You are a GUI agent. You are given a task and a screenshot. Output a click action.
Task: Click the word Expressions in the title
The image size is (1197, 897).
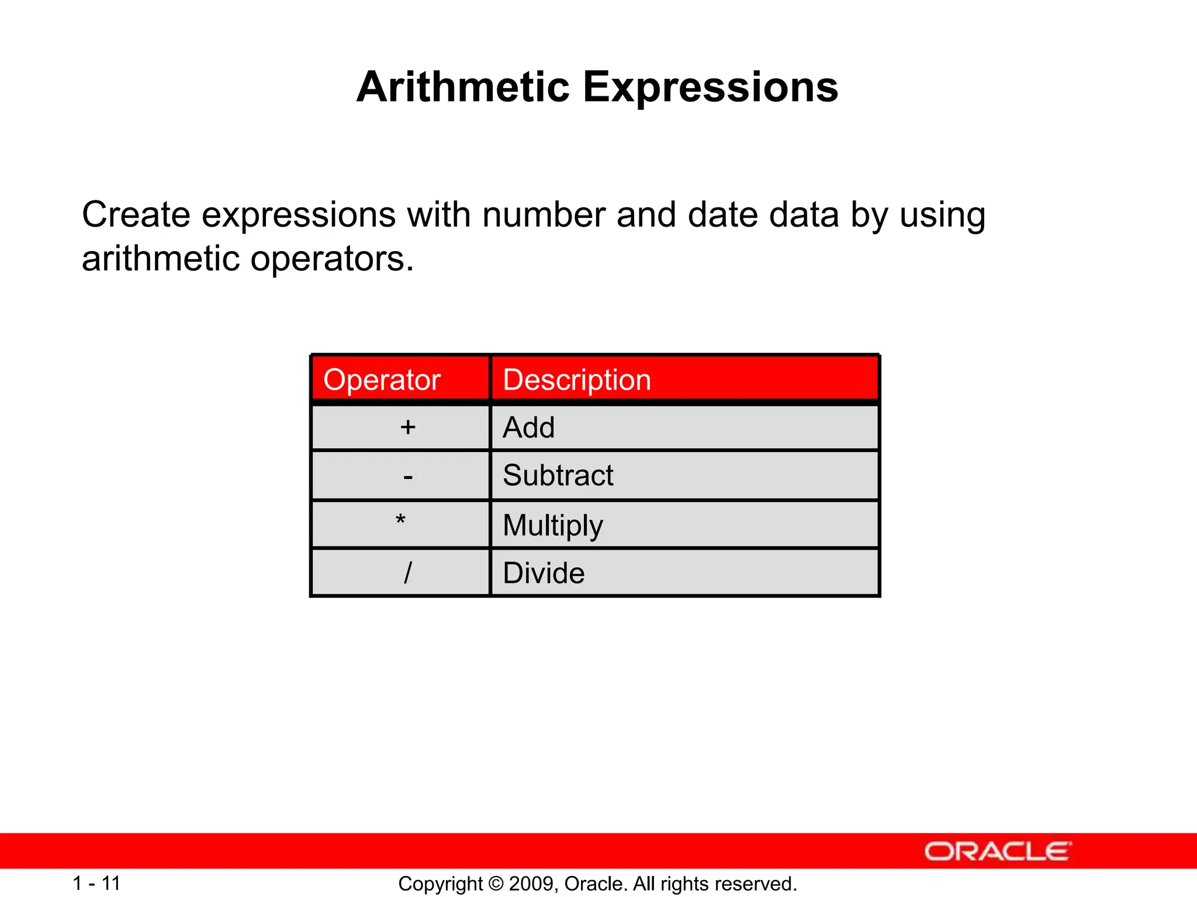pyautogui.click(x=710, y=88)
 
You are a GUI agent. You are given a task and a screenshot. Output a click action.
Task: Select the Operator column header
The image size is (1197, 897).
pyautogui.click(x=382, y=380)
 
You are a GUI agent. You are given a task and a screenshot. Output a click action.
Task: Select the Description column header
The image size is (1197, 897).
pyautogui.click(x=577, y=380)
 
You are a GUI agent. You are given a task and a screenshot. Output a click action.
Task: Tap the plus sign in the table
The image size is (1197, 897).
pyautogui.click(x=408, y=427)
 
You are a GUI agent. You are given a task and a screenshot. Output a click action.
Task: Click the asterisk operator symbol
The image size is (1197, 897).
pyautogui.click(x=400, y=520)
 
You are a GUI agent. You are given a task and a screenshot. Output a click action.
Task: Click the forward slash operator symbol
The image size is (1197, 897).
pyautogui.click(x=408, y=572)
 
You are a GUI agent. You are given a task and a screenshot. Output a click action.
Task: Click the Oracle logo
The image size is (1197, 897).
pyautogui.click(x=998, y=851)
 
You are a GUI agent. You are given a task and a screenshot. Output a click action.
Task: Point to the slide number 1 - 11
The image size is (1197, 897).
pyautogui.click(x=96, y=883)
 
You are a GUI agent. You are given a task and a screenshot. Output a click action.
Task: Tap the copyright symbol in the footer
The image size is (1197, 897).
pyautogui.click(x=496, y=884)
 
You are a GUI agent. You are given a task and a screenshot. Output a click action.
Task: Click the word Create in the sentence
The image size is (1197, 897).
pyautogui.click(x=136, y=215)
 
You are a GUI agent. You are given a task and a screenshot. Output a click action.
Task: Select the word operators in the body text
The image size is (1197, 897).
pyautogui.click(x=331, y=259)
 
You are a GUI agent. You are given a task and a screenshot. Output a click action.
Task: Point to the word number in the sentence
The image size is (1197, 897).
pyautogui.click(x=544, y=215)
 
